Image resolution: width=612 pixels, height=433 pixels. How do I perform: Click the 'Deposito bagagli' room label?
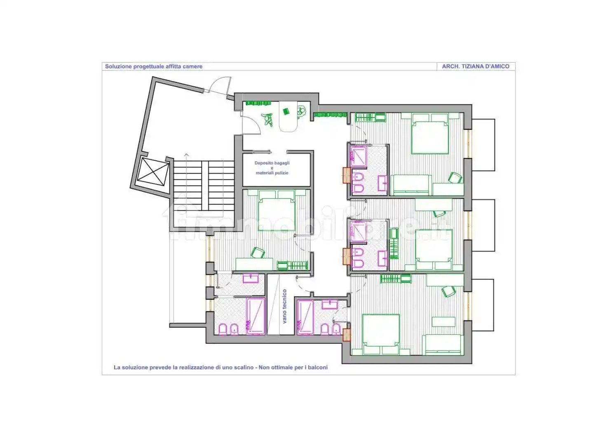pos(272,163)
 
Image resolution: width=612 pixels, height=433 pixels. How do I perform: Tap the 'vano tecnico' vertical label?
pos(285,306)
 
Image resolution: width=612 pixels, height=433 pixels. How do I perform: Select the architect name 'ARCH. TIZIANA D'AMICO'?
pos(476,66)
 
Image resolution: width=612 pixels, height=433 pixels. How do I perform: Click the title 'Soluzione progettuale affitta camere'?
pos(154,66)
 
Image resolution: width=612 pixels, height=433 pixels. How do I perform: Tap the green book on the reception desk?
pos(286,111)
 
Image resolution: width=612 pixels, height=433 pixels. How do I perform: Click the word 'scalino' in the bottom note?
pos(244,368)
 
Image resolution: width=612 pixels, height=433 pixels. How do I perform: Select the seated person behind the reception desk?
pos(301,111)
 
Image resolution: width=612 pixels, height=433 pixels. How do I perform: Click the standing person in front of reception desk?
pos(267,120)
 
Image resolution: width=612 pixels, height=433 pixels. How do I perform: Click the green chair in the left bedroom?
pos(258,252)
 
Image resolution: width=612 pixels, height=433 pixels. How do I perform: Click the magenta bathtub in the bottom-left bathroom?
pos(256,316)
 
